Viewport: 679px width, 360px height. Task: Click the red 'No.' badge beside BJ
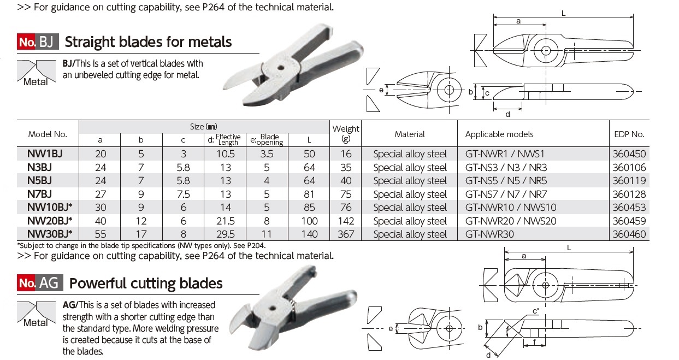pyautogui.click(x=27, y=42)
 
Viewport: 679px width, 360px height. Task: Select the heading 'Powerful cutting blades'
pyautogui.click(x=146, y=283)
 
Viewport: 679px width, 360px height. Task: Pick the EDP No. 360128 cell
pyautogui.click(x=629, y=194)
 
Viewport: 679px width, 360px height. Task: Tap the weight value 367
pyautogui.click(x=346, y=234)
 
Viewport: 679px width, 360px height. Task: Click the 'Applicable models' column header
pyautogui.click(x=499, y=134)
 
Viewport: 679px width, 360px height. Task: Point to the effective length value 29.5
pyautogui.click(x=225, y=234)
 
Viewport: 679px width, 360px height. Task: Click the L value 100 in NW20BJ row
pyautogui.click(x=309, y=221)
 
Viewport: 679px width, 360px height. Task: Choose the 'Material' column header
pyautogui.click(x=409, y=134)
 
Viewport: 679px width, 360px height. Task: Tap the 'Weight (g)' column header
pyautogui.click(x=346, y=133)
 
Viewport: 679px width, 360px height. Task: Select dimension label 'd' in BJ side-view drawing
pyautogui.click(x=507, y=114)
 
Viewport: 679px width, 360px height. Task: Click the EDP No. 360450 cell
pyautogui.click(x=629, y=154)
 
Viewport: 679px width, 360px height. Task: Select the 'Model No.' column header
pyautogui.click(x=48, y=134)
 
